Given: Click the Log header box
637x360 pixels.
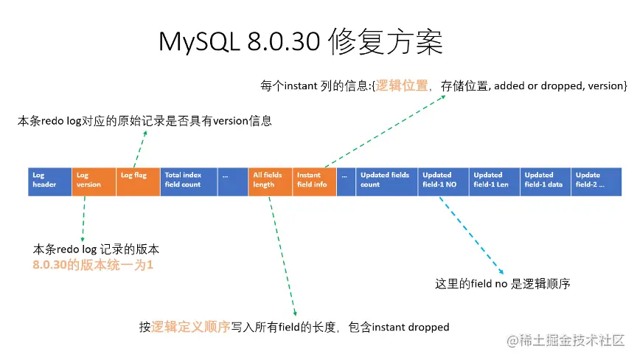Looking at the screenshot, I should tap(49, 181).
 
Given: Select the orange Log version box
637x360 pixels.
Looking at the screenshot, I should tap(94, 181).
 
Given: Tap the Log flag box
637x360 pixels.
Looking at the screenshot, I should tap(138, 181).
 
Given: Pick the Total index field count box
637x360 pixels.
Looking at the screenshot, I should tap(189, 181).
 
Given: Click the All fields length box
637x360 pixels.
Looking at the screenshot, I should tap(270, 181).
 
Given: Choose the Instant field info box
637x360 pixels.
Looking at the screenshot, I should tap(314, 181).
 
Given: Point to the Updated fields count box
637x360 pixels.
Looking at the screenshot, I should tap(387, 181).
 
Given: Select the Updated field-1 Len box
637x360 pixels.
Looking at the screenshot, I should tap(495, 181).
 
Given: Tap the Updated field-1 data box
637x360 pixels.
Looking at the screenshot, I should tap(546, 181).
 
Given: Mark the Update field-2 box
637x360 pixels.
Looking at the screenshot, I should tap(596, 181).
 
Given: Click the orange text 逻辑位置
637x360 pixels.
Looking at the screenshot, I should tap(402, 86).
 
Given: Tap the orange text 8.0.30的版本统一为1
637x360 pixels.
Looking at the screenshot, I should tap(93, 264).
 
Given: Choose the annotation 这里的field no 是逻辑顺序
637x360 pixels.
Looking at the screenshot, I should tap(503, 283).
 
